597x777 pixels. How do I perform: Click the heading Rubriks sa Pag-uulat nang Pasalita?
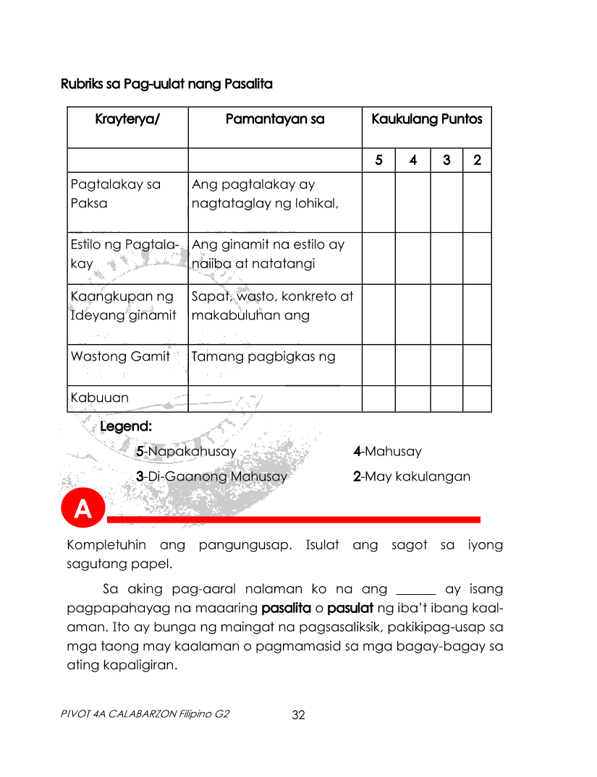tap(166, 85)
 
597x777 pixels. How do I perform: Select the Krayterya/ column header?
tap(127, 119)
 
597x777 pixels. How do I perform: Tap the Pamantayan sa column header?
tap(275, 119)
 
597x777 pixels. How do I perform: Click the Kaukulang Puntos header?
tap(427, 119)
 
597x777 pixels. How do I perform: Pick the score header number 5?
tap(379, 160)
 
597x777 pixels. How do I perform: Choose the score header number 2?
tap(477, 160)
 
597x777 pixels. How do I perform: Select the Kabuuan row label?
tap(100, 398)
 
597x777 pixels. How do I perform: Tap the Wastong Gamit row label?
tap(120, 356)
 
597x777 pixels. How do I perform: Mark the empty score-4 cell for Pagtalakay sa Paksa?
tap(412, 202)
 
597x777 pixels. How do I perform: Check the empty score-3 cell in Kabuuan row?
tap(446, 398)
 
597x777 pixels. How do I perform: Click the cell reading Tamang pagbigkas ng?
tap(263, 356)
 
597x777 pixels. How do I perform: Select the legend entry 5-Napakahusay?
tap(187, 452)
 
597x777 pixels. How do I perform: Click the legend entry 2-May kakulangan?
tap(411, 476)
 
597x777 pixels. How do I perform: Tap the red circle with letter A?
tap(83, 510)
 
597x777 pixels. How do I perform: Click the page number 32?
tap(298, 715)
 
